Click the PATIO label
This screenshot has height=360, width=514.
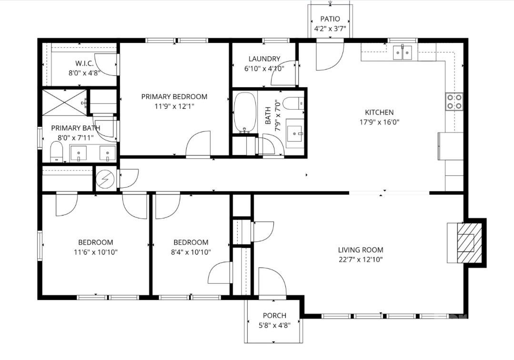[330, 19]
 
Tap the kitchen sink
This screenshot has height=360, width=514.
[403, 52]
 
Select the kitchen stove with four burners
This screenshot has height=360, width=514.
[454, 101]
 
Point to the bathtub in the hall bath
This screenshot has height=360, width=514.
[245, 112]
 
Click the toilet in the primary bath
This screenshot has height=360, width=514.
[57, 153]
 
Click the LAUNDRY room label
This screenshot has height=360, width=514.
[264, 59]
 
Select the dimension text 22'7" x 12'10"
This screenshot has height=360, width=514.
[361, 260]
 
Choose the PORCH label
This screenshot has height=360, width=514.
[275, 316]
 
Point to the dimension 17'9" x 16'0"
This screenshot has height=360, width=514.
[379, 122]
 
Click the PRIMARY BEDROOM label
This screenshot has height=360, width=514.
[174, 96]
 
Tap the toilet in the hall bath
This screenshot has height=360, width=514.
[293, 103]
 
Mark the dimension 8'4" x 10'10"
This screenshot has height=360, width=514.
[191, 252]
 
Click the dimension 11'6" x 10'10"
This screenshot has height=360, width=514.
[96, 252]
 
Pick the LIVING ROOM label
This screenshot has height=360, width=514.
[361, 250]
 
